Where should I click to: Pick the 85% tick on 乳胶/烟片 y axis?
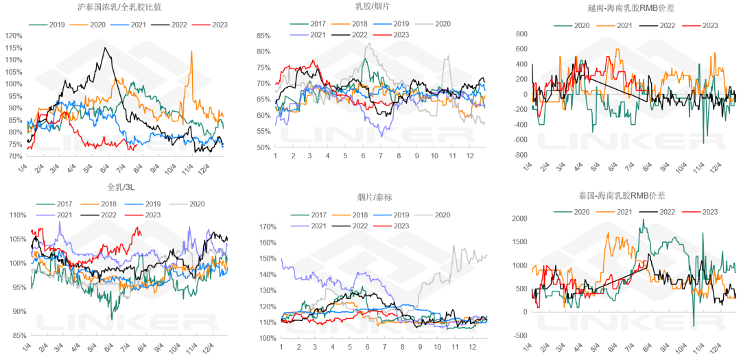[263, 36]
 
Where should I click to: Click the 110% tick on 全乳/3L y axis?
[14, 215]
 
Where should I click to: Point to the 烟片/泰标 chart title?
[372, 198]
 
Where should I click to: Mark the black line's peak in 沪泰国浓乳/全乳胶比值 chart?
[104, 47]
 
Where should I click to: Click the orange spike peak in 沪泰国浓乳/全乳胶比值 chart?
[191, 51]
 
